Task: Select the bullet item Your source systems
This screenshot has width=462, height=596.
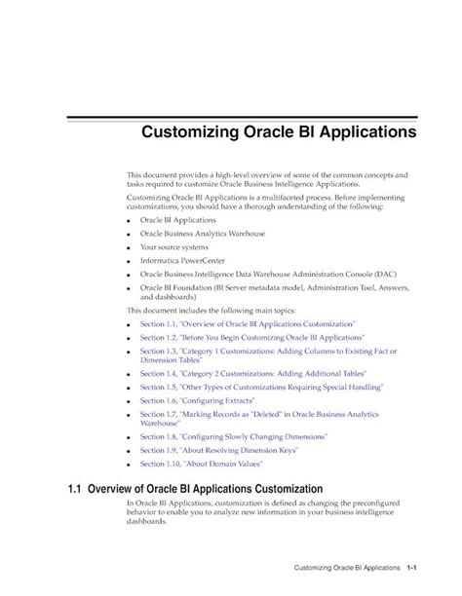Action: [x=173, y=247]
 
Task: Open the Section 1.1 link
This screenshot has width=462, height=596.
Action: [x=248, y=321]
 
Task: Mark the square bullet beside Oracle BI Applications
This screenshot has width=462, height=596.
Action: [x=131, y=221]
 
